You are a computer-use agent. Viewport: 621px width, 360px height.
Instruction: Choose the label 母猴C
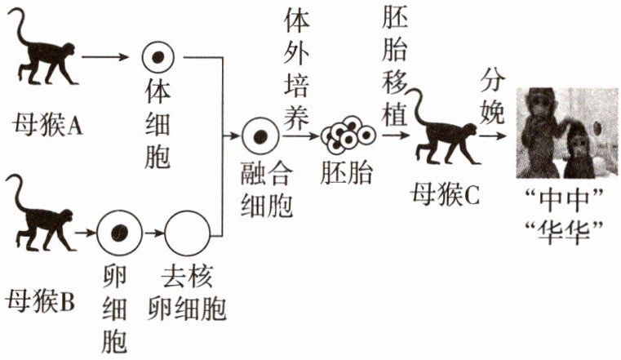pos(445,195)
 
